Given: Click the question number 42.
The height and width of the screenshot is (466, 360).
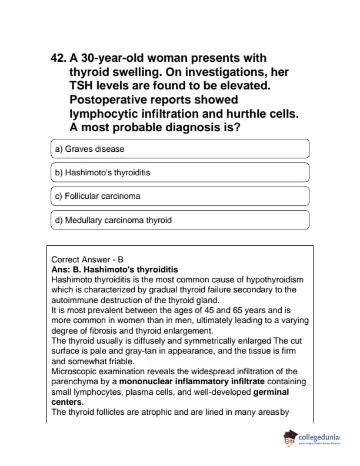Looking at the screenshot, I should [x=59, y=58].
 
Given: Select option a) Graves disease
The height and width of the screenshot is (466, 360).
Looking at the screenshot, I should [x=180, y=149].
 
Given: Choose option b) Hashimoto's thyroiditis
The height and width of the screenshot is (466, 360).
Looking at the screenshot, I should [x=180, y=172].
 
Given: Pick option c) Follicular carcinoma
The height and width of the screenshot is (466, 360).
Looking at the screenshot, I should [x=180, y=196].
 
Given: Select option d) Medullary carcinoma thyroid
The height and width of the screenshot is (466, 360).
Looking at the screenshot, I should [x=180, y=220].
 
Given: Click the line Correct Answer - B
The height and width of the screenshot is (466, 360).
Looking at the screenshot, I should [x=88, y=259].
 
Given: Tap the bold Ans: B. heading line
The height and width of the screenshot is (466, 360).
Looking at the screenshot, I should [x=115, y=269].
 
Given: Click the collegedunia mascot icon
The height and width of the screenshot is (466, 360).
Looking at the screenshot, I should [x=290, y=438].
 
